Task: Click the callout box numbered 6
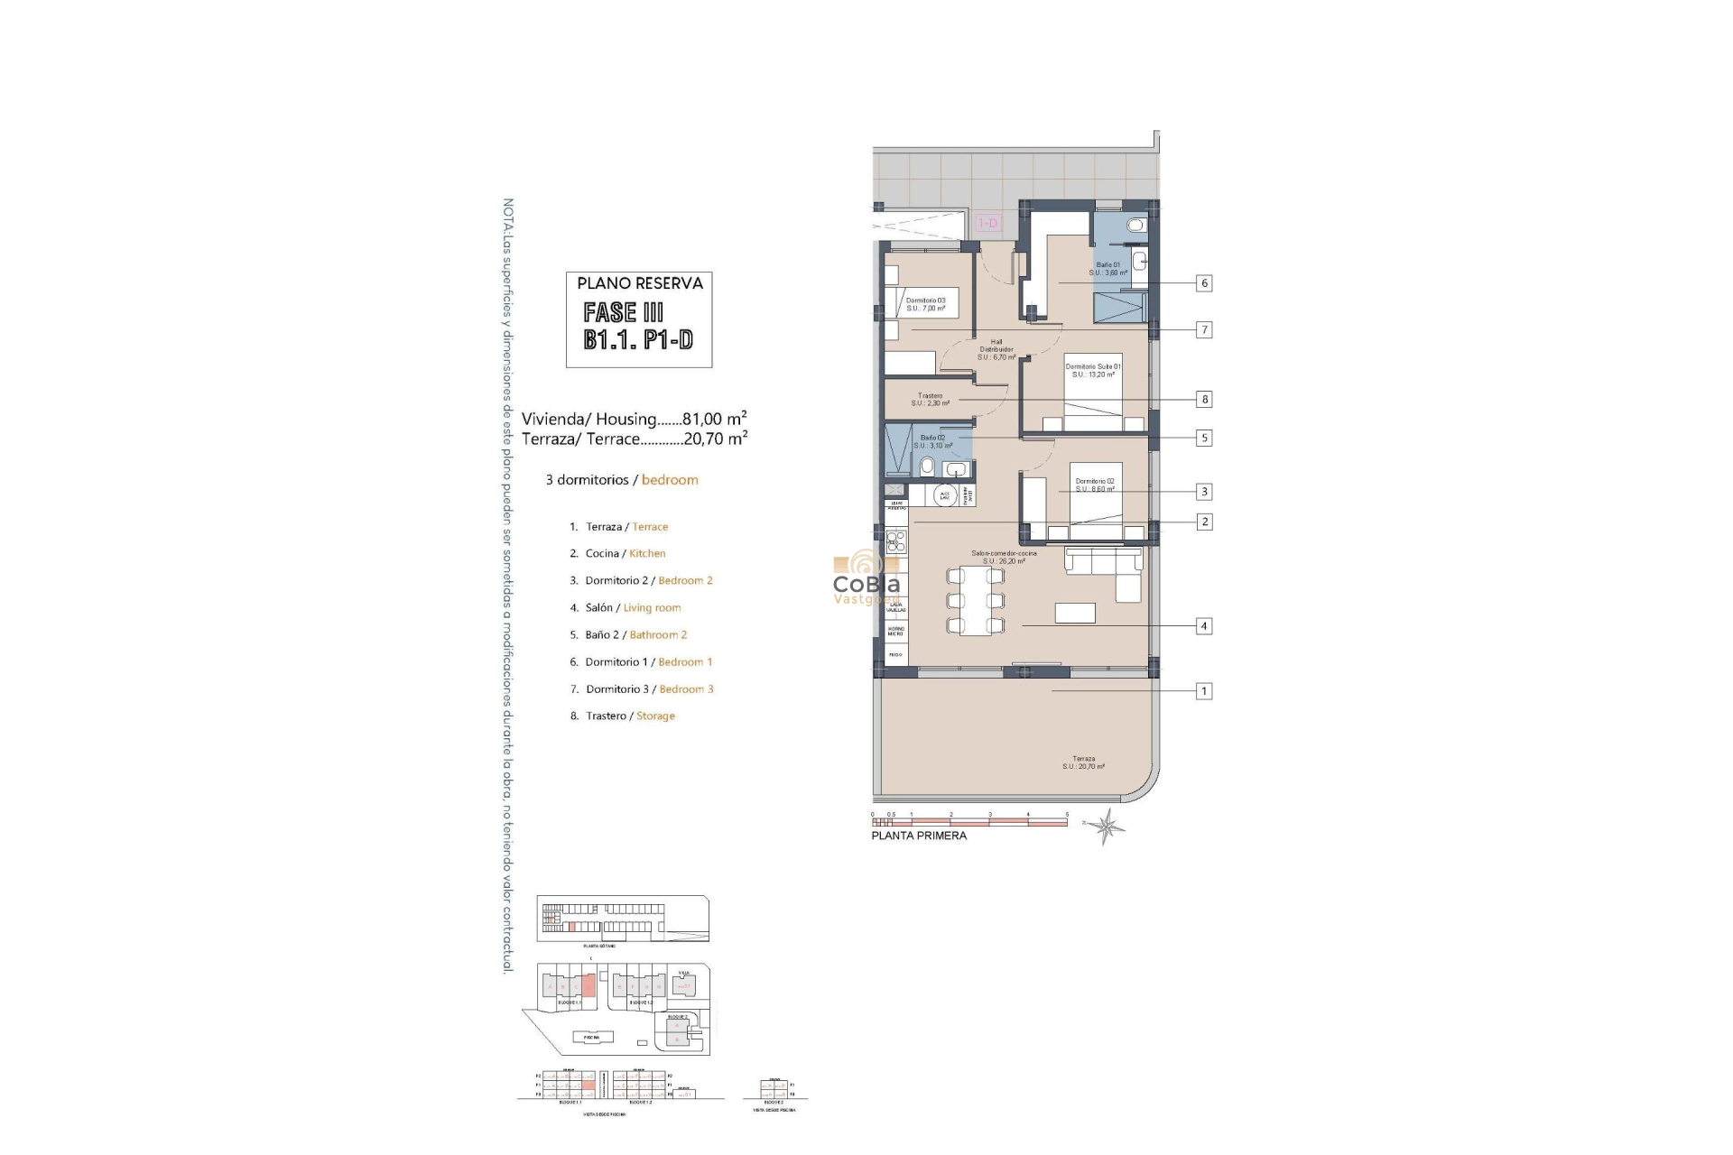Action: (1203, 283)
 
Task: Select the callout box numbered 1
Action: (1203, 691)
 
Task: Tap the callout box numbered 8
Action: (1203, 399)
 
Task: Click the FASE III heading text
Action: (624, 312)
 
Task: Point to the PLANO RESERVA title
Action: (639, 283)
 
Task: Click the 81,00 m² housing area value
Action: (714, 419)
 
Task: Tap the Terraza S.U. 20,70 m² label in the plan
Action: (1083, 762)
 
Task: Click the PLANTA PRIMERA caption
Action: (919, 836)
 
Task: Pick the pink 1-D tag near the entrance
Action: (988, 223)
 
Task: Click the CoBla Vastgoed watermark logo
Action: (866, 577)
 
